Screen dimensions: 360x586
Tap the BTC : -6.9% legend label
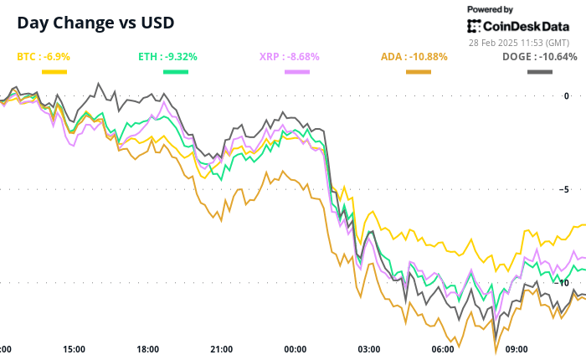[x=44, y=57]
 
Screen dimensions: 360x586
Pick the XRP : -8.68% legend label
[x=290, y=57]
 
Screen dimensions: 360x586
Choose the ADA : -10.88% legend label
[x=414, y=57]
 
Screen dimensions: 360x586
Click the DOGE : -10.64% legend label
[x=539, y=57]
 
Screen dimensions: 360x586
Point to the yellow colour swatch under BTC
[x=54, y=72]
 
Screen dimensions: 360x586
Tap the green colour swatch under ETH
[x=175, y=72]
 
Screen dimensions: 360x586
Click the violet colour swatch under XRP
[x=297, y=72]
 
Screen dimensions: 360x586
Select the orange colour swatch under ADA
[x=419, y=72]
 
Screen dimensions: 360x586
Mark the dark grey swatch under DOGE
[x=539, y=72]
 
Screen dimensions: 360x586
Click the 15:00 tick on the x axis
[x=75, y=349]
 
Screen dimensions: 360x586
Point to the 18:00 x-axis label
[x=148, y=349]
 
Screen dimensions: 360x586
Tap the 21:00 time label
[x=222, y=349]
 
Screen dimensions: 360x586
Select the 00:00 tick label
[x=296, y=349]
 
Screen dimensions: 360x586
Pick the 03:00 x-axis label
[x=369, y=349]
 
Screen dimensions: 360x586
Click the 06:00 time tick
[x=443, y=349]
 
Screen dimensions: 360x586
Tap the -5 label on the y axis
[x=578, y=188]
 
